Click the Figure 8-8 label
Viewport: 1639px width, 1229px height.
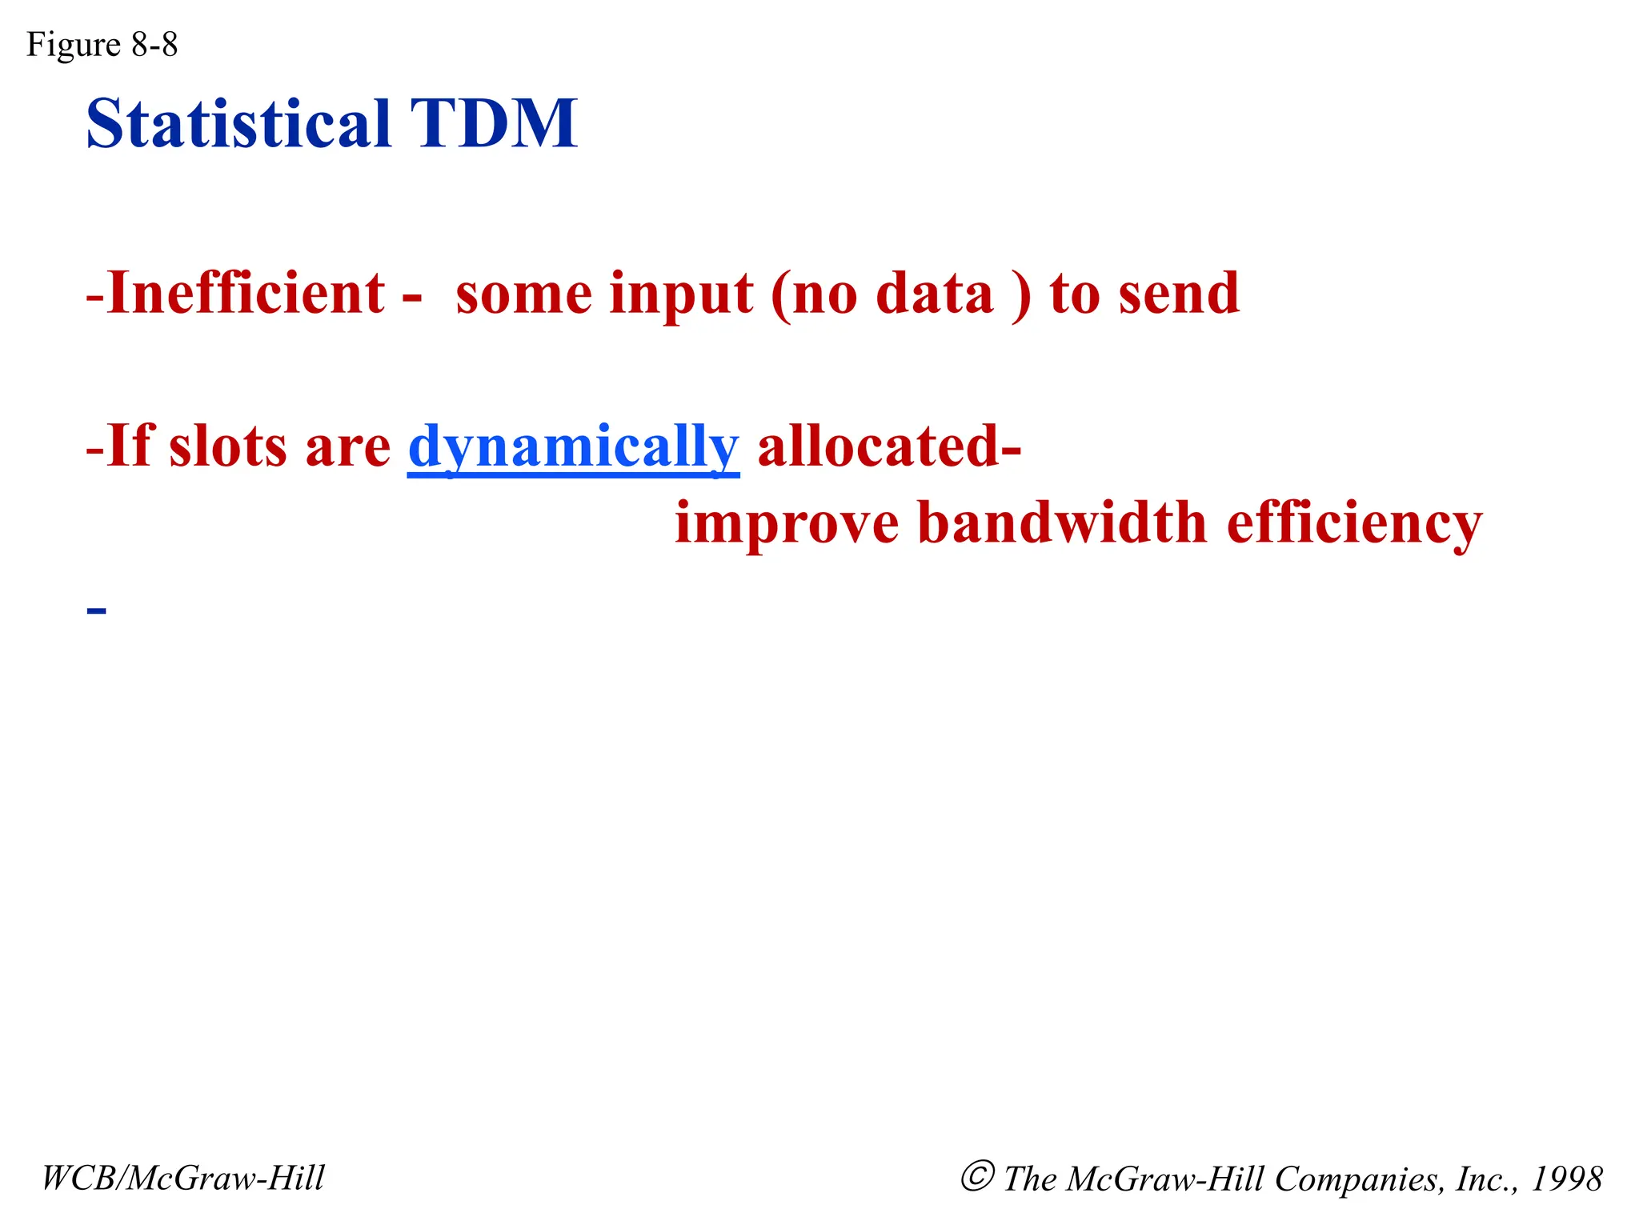pyautogui.click(x=102, y=45)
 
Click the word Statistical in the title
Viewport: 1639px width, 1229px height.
pyautogui.click(x=238, y=124)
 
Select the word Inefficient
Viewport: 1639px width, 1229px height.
pyautogui.click(x=246, y=294)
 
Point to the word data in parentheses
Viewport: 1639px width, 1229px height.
pyautogui.click(x=934, y=294)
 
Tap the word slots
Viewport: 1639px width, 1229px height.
pyautogui.click(x=227, y=446)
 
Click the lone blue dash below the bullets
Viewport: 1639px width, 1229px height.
pyautogui.click(x=96, y=611)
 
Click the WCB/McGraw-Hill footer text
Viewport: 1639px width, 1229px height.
pyautogui.click(x=183, y=1178)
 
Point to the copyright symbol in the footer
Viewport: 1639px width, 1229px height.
pyautogui.click(x=977, y=1176)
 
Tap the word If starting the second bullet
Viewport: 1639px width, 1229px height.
pyautogui.click(x=130, y=446)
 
